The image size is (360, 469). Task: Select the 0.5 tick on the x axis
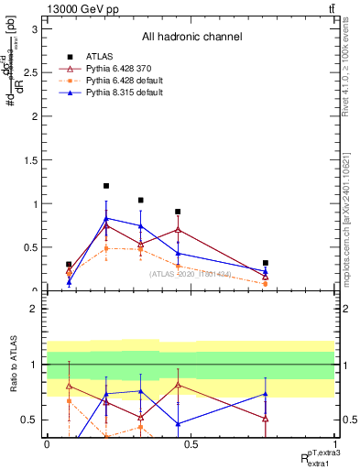191,443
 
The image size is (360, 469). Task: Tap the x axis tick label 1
334,443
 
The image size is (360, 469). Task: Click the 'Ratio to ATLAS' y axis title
11,365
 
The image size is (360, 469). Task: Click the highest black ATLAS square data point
106,186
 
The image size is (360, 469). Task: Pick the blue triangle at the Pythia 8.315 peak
106,218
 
